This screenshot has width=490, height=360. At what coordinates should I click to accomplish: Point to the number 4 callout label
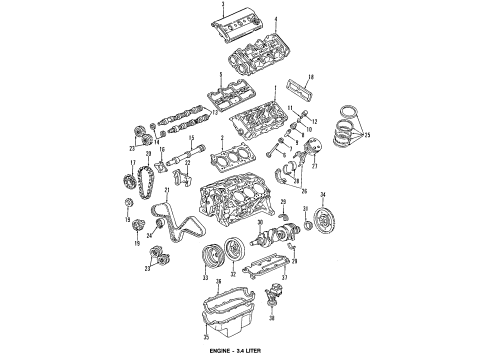click(x=276, y=20)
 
